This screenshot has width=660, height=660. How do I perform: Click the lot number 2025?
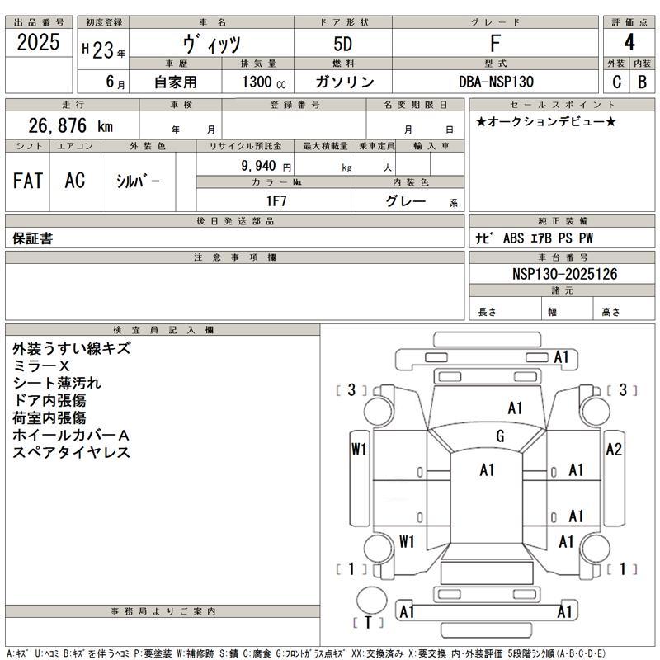(x=38, y=44)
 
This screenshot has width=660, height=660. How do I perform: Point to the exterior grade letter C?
(x=616, y=82)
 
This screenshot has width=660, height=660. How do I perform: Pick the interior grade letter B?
(x=641, y=82)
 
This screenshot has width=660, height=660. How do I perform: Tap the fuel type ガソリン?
(x=344, y=82)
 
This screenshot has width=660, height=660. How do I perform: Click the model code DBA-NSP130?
(x=496, y=82)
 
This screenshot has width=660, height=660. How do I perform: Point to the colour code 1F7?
(x=276, y=200)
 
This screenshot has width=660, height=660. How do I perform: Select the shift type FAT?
(x=28, y=182)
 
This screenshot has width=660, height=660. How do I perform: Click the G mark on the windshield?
(x=500, y=436)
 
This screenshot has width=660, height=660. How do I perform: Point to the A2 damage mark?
(x=614, y=450)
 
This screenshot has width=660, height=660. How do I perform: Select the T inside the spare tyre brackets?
(x=368, y=623)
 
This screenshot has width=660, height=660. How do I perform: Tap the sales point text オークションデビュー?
(x=545, y=121)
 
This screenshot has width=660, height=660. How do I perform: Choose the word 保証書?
(x=33, y=238)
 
